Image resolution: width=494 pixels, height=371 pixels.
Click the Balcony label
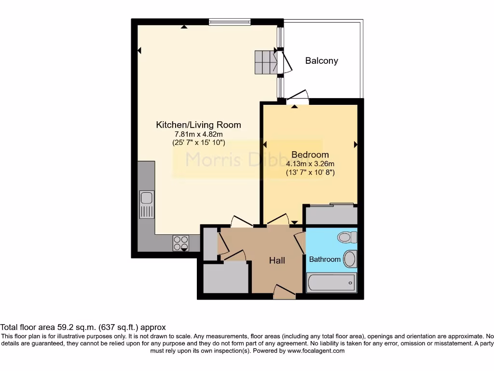[321, 61]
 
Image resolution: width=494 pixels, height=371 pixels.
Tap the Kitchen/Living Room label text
[198, 125]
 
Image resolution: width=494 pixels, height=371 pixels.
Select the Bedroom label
[310, 155]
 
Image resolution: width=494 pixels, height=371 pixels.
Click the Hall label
[277, 260]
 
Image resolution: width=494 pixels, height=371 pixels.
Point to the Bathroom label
[325, 259]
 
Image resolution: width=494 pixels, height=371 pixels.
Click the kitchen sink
[146, 198]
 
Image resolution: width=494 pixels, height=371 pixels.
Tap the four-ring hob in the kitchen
[181, 243]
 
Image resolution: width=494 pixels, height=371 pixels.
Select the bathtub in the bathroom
[331, 283]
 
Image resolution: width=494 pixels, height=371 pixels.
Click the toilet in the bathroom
[347, 237]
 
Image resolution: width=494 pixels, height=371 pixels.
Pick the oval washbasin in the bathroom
[350, 258]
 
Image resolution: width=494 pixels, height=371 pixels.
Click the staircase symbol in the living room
[265, 61]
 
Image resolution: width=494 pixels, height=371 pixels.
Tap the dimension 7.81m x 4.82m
[198, 134]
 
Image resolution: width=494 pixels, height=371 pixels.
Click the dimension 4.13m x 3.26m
[310, 163]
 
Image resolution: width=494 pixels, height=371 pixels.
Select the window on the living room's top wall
[230, 22]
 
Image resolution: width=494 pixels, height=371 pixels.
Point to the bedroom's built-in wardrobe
[331, 214]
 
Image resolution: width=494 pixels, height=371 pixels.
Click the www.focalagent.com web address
[316, 351]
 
